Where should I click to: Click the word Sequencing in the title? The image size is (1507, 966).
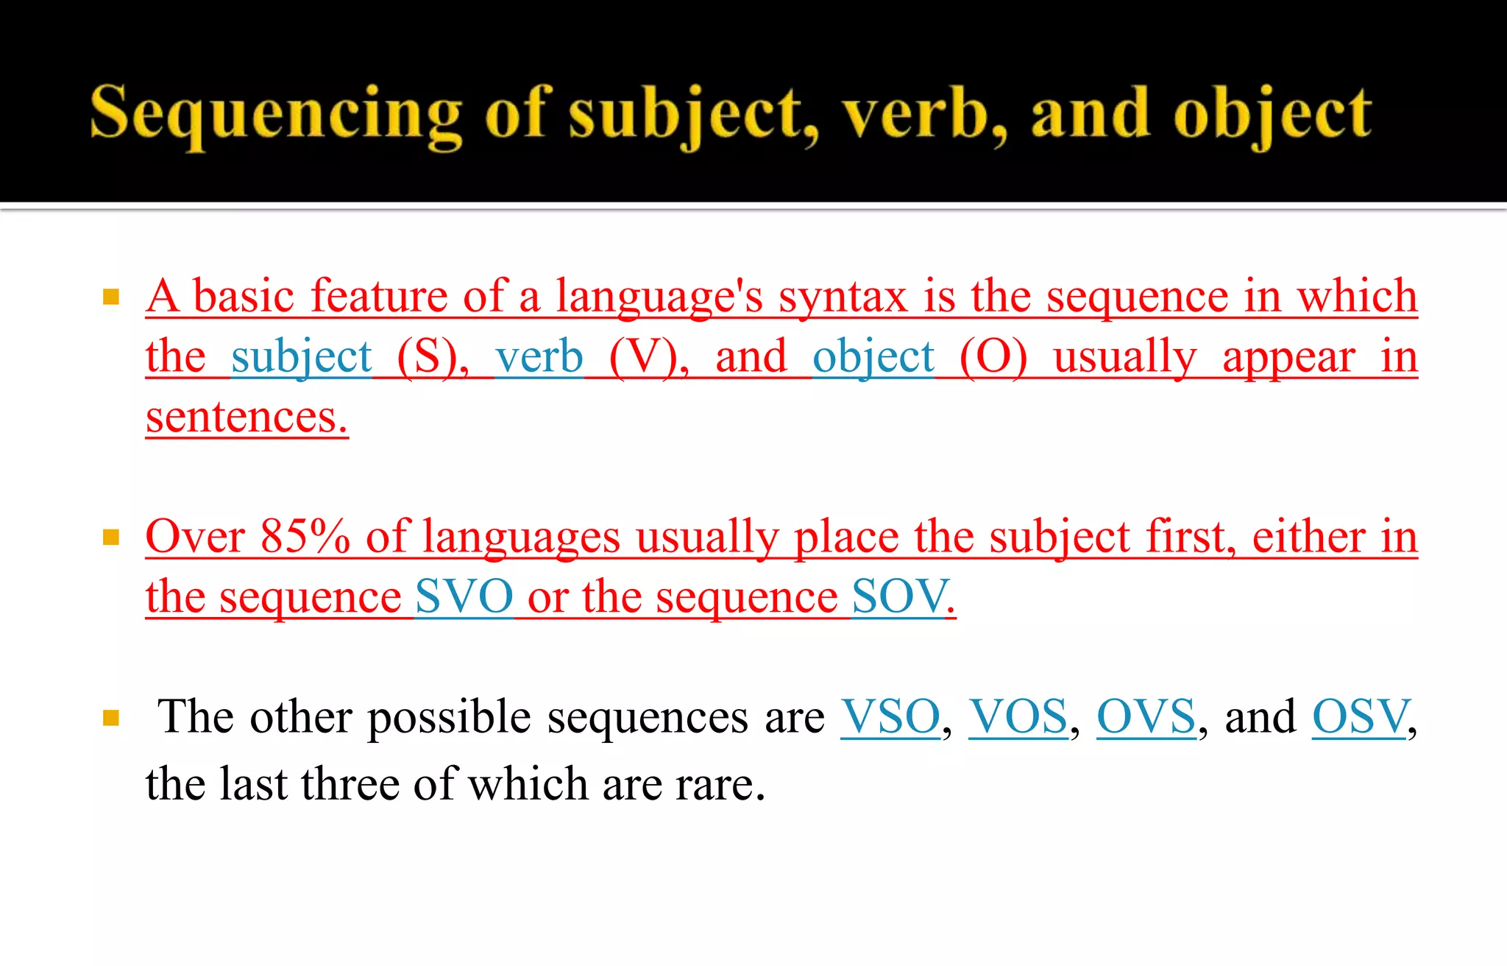coord(275,114)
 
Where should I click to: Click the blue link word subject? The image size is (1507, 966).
coord(301,358)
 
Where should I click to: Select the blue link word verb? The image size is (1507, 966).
coord(539,358)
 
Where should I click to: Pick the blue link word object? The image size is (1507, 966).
coord(873,358)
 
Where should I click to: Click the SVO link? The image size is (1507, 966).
coord(464,596)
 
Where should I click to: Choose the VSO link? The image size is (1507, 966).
coord(890,716)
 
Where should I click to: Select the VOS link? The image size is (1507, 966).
coord(1018,716)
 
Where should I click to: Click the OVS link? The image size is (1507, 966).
coord(1146,716)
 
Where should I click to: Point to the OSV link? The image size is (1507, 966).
coord(1360,716)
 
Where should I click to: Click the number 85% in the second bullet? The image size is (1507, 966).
coord(305,536)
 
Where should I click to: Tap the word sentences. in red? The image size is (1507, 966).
coord(247,417)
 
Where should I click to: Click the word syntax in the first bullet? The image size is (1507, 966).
coord(843,297)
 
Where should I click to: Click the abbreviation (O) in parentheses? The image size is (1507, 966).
coord(993,358)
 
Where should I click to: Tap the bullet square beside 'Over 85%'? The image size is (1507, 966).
coord(111,537)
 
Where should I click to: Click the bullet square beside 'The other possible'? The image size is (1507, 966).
coord(111,718)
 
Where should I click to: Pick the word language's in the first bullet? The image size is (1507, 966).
coord(659,297)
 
